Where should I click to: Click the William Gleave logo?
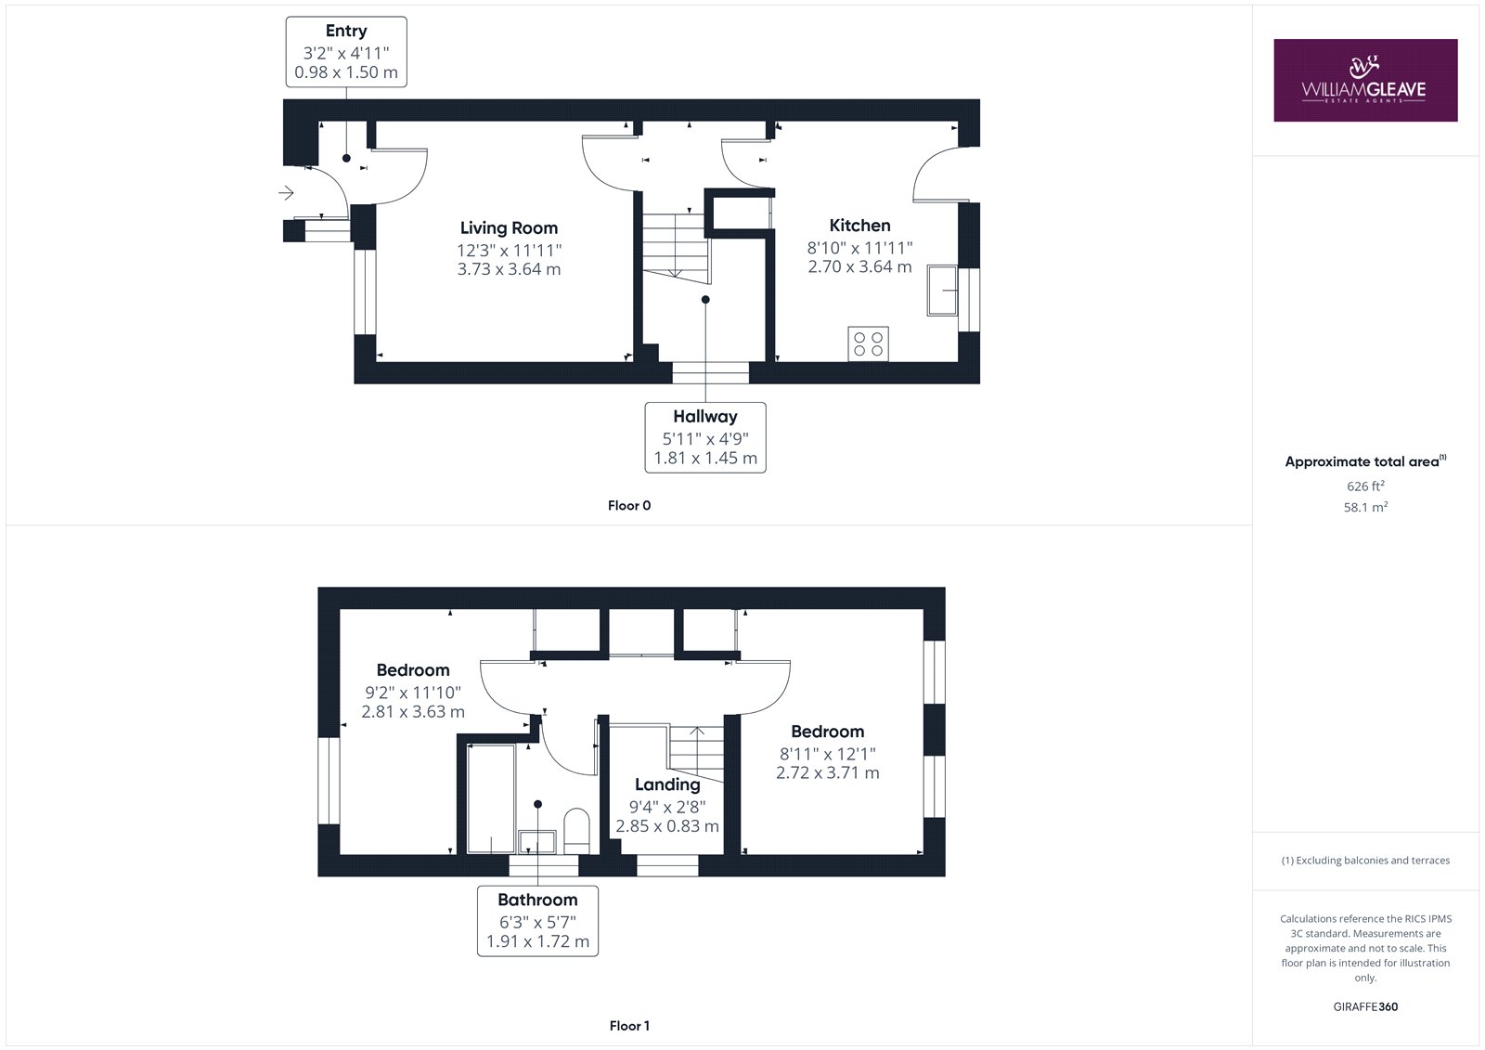(1365, 80)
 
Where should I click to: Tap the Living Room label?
(510, 228)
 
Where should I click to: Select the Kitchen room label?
(859, 226)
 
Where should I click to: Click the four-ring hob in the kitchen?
(868, 344)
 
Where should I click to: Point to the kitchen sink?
(942, 290)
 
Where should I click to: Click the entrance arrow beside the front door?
(286, 193)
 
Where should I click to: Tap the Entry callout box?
(346, 52)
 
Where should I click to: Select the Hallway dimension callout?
(705, 437)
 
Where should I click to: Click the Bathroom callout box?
(537, 921)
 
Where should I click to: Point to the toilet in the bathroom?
(576, 831)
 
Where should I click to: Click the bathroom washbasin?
(537, 842)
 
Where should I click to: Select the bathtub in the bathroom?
(491, 798)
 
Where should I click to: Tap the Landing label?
(667, 784)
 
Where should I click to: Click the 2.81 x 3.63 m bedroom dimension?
(413, 712)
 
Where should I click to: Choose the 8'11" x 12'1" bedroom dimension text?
(827, 754)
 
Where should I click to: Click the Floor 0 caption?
(629, 505)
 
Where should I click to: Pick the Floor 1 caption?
(629, 1026)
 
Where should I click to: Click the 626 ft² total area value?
(1365, 486)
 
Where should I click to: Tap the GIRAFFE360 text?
(1365, 1007)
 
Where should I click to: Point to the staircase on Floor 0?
(675, 245)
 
